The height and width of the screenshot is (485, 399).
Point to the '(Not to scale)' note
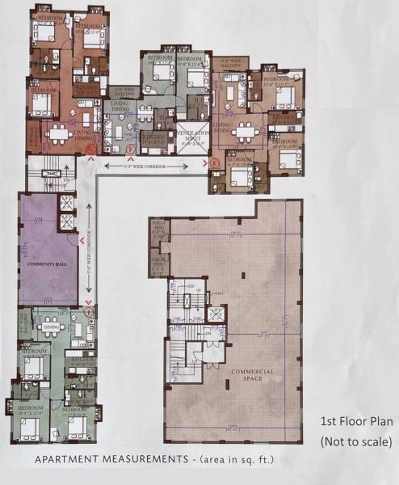point(355,441)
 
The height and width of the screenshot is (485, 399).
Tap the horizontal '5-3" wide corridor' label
point(146,166)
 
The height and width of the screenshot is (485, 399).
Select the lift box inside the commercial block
point(216,314)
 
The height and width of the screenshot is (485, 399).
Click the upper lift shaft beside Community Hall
point(65,204)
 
